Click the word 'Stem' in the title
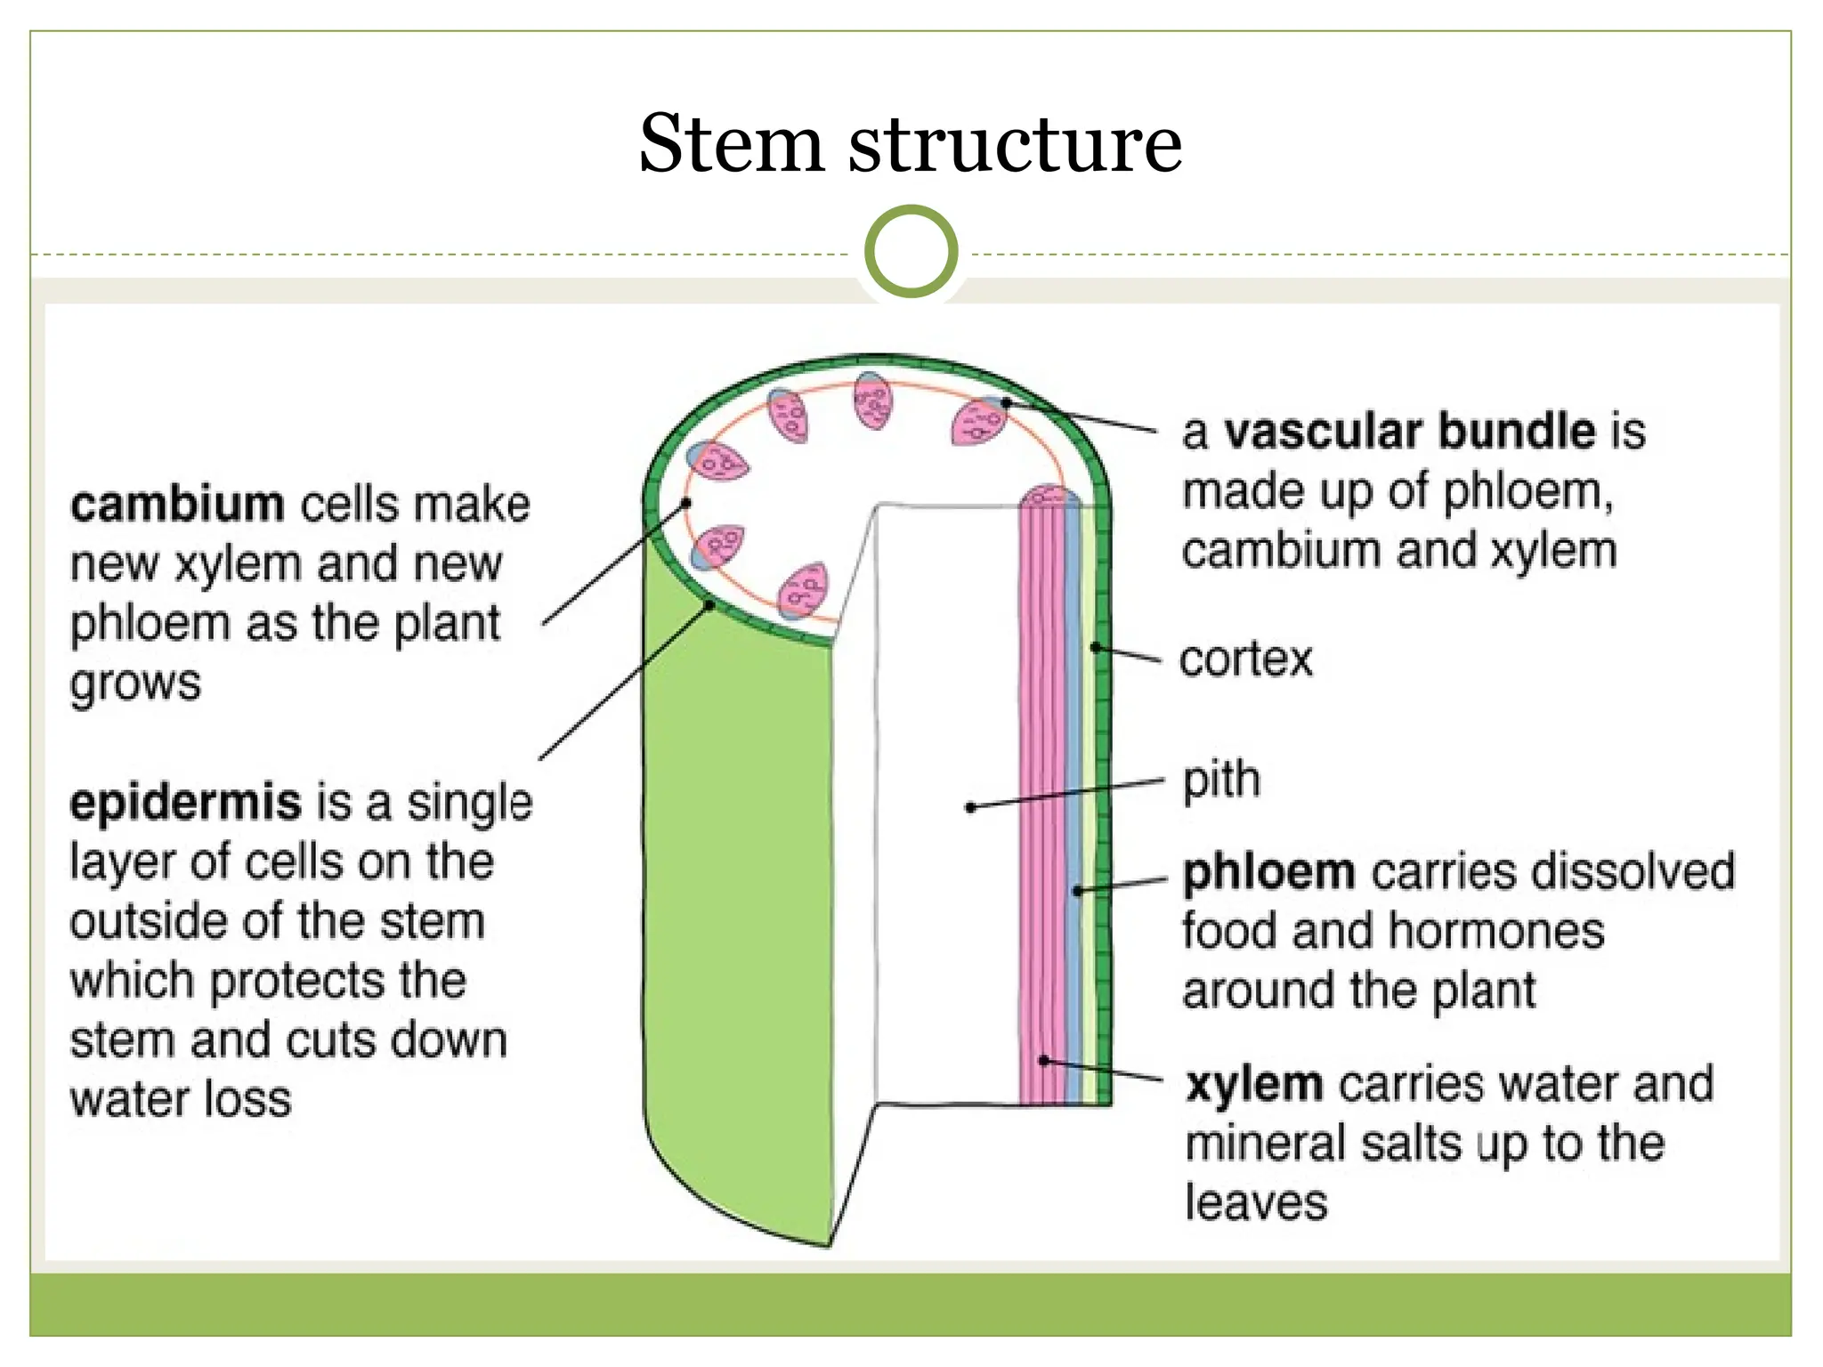(732, 144)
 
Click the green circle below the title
(911, 252)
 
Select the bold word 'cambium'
(177, 505)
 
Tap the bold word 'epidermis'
(186, 802)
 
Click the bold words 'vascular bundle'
(1409, 432)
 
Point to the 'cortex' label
(1245, 659)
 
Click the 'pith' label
(1221, 780)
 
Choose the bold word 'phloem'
(1269, 871)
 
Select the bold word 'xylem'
(1254, 1084)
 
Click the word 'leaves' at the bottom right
(1256, 1202)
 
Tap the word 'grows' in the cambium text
(135, 683)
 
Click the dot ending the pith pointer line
(970, 807)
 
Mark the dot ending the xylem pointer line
(1044, 1061)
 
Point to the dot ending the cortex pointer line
(1097, 647)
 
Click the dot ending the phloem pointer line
(1078, 890)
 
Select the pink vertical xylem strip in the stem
(1040, 801)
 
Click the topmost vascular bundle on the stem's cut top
(871, 400)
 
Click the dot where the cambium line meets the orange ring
(686, 503)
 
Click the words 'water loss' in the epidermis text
(181, 1099)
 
